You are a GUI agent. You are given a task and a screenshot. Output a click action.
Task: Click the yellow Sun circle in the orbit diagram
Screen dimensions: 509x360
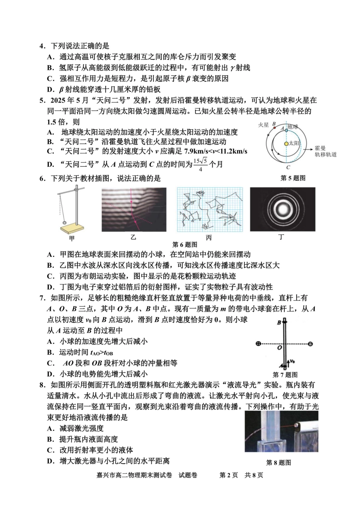(287, 144)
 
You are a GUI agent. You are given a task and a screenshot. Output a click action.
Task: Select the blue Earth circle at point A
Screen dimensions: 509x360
(287, 130)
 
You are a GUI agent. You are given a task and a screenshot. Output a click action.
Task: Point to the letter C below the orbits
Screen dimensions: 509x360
(288, 167)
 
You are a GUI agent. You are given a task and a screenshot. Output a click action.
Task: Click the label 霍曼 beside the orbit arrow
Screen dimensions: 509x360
(320, 148)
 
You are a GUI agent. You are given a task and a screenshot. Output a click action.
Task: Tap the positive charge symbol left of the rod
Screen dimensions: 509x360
(258, 344)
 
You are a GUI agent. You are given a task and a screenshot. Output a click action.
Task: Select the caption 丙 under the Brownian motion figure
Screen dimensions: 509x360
(209, 238)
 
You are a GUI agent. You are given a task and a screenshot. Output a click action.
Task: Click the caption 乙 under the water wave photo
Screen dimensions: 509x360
(133, 237)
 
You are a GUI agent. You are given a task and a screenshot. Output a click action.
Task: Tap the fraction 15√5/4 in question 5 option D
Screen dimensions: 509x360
(200, 164)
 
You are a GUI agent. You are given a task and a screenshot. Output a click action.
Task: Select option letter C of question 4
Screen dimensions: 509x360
(50, 78)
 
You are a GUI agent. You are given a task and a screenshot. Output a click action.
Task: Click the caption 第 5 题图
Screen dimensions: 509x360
(293, 178)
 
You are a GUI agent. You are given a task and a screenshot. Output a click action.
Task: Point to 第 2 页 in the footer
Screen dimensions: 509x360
(229, 475)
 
